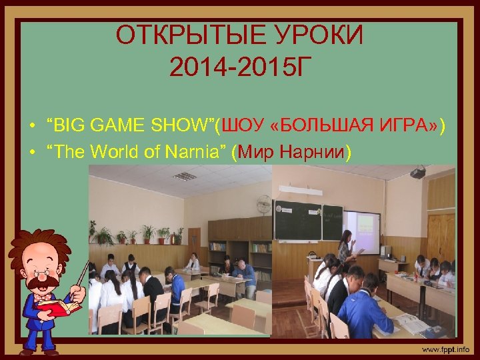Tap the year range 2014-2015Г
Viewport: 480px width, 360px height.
(x=240, y=66)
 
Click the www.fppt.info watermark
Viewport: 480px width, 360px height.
(x=444, y=348)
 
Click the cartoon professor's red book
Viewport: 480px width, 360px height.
(x=60, y=307)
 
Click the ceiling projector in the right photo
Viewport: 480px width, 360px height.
(x=418, y=173)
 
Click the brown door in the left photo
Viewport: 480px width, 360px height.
(x=194, y=243)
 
